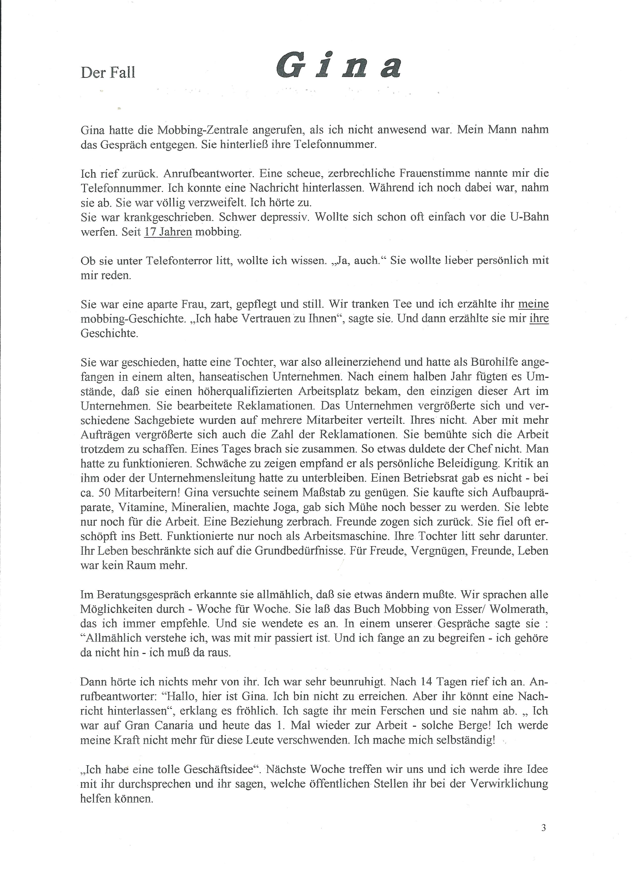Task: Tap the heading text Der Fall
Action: pos(108,72)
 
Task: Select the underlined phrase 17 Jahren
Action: pos(168,232)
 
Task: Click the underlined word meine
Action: pos(533,304)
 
